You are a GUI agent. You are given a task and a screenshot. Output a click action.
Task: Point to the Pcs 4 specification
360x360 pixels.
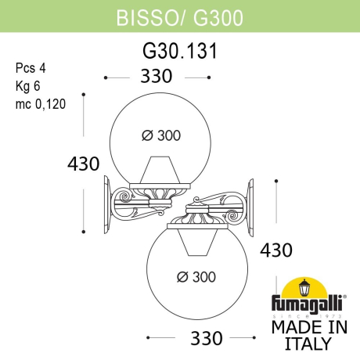point(29,68)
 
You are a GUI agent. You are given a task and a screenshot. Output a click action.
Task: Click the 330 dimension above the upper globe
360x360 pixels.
point(157,76)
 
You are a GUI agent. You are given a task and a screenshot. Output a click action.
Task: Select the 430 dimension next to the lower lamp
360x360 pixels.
point(275,250)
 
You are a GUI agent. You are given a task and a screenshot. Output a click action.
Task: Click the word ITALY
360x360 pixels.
point(307,343)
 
